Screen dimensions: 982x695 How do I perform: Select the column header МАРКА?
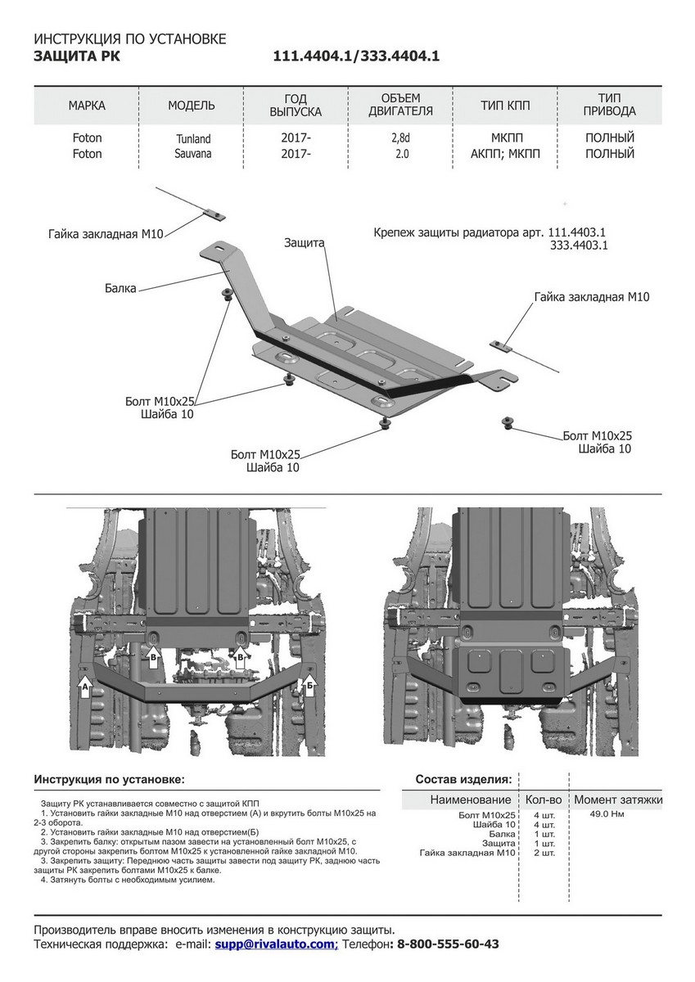(x=87, y=106)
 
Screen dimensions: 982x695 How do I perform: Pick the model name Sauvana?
(x=192, y=153)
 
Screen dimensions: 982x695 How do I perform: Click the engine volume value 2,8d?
(x=400, y=138)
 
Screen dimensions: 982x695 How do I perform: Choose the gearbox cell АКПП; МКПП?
(x=506, y=154)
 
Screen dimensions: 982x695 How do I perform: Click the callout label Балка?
(x=120, y=288)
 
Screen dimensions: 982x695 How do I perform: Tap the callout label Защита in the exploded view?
(x=305, y=243)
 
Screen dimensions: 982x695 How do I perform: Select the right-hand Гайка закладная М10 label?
(x=591, y=297)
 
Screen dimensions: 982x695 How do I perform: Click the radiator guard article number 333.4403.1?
(x=579, y=245)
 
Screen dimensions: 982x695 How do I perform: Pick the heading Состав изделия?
(x=464, y=779)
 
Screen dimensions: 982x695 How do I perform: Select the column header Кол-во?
(x=543, y=800)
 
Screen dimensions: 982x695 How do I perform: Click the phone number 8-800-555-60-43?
(x=448, y=944)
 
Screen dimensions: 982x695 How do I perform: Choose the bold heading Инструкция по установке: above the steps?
(x=110, y=779)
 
